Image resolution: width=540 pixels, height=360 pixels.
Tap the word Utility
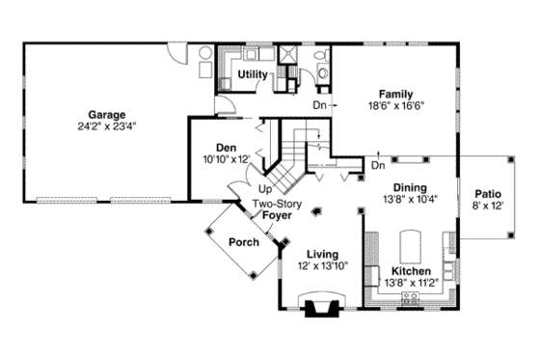[x=252, y=74]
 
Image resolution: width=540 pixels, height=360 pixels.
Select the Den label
[x=227, y=148]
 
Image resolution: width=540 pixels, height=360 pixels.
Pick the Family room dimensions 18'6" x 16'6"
[x=396, y=105]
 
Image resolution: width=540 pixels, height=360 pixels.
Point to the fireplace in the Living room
[x=320, y=308]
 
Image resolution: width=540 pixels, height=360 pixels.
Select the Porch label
[x=243, y=242]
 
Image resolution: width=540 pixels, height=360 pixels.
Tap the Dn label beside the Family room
[x=319, y=104]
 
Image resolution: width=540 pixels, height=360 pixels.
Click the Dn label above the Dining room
[x=379, y=165]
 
